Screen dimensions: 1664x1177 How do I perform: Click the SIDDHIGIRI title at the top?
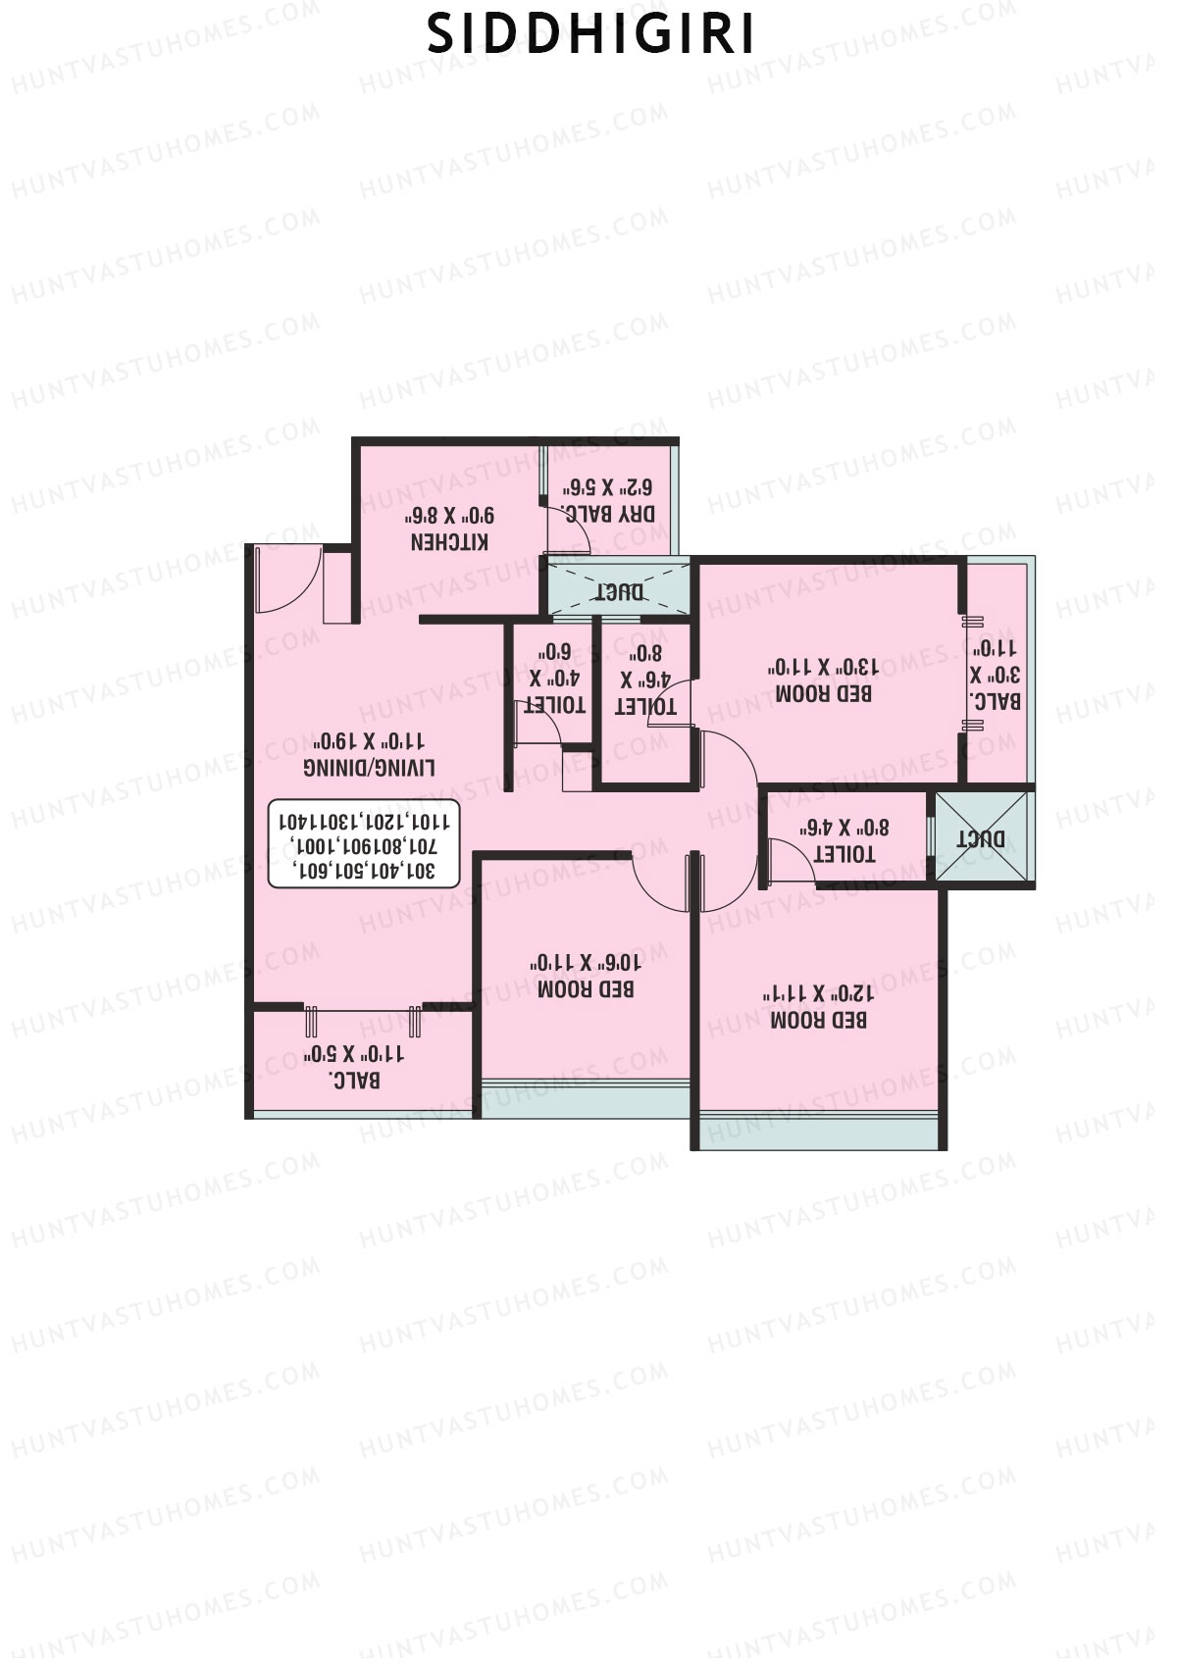[591, 35]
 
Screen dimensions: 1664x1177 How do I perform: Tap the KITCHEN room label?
[449, 541]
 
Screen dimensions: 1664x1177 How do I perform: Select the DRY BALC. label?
[608, 513]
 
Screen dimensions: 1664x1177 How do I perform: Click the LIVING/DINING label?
[370, 767]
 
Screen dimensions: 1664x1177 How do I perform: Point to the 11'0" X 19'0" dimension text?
[370, 740]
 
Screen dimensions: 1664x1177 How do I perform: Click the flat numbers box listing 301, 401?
[364, 844]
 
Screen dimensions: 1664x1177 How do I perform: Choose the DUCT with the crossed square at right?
[982, 838]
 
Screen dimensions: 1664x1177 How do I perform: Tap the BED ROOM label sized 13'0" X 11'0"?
[824, 693]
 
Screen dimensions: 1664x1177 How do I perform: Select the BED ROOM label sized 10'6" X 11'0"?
[586, 988]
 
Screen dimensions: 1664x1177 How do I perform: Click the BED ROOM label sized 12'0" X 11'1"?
[818, 1020]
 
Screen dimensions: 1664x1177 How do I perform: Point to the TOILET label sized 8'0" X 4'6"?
[844, 853]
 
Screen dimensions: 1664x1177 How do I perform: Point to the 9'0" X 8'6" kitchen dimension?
[450, 515]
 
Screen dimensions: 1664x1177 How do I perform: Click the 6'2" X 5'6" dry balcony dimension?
[608, 486]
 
